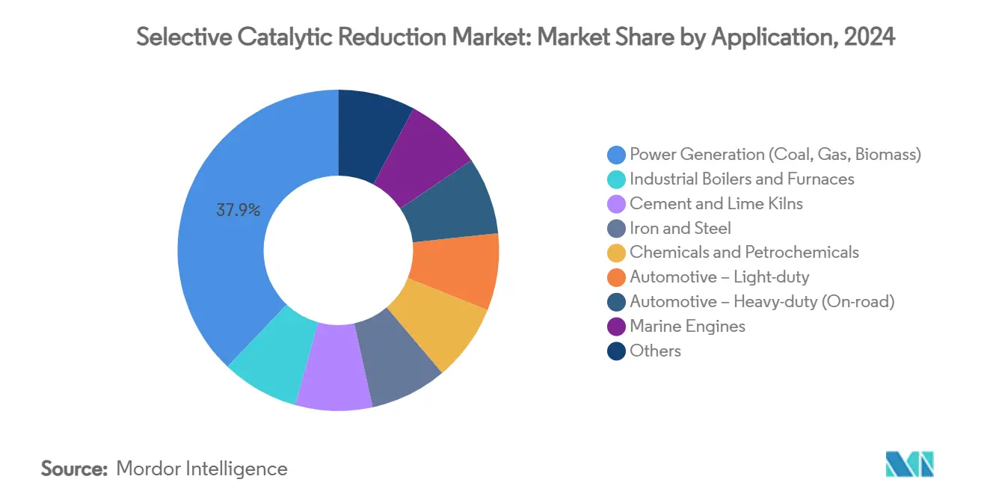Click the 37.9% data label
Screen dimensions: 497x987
coord(238,211)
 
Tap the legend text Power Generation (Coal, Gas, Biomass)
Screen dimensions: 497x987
coord(775,155)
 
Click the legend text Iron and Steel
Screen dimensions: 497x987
coord(680,229)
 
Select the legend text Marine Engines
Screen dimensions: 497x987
coord(687,327)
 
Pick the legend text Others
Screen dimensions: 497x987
coord(656,351)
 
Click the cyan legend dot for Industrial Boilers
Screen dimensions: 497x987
coord(617,179)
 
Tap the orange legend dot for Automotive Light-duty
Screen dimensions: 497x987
coord(617,278)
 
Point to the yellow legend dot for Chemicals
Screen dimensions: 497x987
coord(617,253)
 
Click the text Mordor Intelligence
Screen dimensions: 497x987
coord(202,469)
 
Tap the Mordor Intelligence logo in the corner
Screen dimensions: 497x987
coord(909,464)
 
